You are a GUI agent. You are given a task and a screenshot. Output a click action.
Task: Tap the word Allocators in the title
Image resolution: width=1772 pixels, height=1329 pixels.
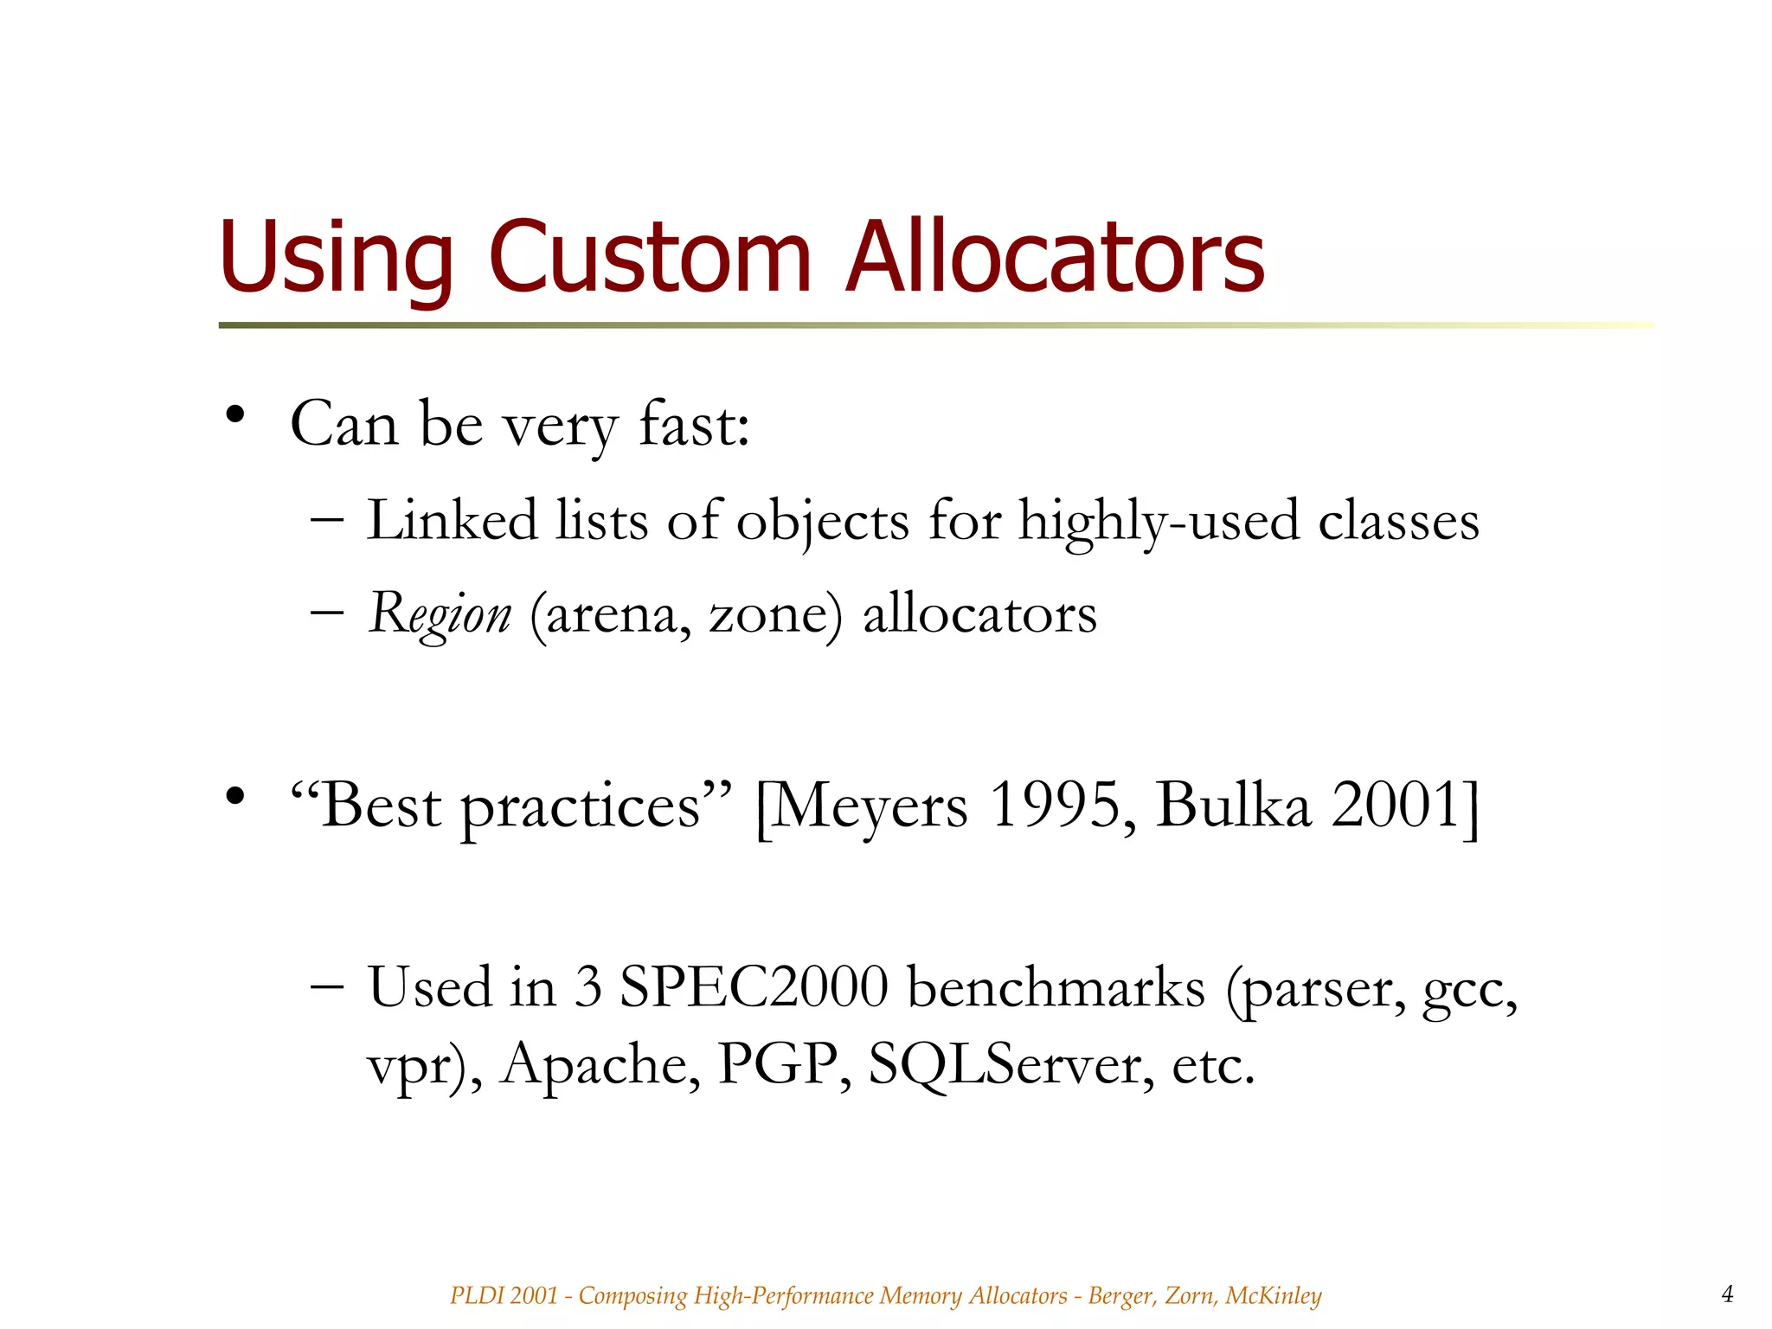coord(1055,258)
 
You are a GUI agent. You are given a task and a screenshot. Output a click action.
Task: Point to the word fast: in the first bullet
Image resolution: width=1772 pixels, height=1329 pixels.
coord(694,425)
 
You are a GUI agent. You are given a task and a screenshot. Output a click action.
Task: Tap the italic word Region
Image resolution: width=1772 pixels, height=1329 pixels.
coord(440,614)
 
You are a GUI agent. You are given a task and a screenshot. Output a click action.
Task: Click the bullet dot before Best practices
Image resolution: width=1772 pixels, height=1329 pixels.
coord(234,796)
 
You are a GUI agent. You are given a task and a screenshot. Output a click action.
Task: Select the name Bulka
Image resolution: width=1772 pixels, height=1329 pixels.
coord(1233,806)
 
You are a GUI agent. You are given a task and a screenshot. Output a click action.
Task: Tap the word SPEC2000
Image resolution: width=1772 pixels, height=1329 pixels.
coord(754,986)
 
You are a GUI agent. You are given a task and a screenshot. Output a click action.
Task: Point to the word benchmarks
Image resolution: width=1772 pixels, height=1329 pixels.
coord(1056,986)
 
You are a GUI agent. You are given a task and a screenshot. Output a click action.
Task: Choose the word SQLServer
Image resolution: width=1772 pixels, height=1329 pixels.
coord(1011,1064)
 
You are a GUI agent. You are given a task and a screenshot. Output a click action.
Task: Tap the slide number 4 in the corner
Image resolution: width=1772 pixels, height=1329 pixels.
coord(1727,1294)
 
